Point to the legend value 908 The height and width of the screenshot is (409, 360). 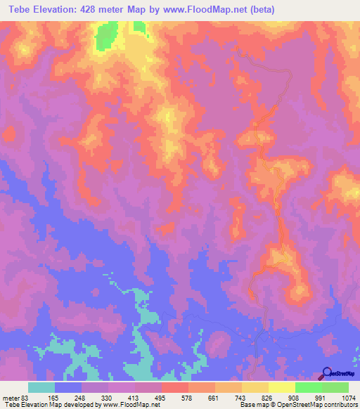[293, 397]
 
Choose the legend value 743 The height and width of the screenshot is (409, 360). [240, 397]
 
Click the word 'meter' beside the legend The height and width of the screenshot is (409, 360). [9, 397]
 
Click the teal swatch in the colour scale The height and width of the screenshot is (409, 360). [41, 387]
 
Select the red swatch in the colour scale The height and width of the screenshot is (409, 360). [175, 387]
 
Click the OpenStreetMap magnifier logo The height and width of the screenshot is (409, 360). [327, 372]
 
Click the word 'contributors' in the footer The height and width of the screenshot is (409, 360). [338, 405]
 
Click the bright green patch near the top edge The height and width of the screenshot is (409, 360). [108, 34]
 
